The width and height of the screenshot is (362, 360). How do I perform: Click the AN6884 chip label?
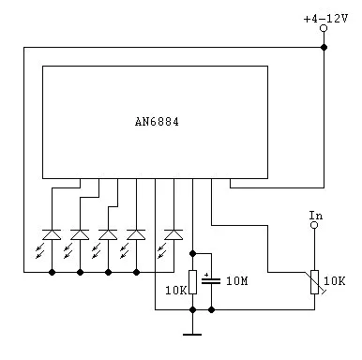tap(157, 122)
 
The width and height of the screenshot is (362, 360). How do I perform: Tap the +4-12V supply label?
tap(325, 19)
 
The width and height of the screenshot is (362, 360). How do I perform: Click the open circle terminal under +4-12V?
tap(324, 28)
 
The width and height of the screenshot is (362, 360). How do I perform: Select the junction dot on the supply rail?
tap(324, 48)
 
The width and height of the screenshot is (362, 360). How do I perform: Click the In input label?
tap(316, 216)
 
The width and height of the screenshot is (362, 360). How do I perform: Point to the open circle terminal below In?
tap(314, 225)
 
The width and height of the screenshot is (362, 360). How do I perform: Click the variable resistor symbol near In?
tap(315, 282)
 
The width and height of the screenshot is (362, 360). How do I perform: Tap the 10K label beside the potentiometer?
tap(334, 281)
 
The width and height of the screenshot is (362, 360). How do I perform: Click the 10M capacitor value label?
tap(237, 281)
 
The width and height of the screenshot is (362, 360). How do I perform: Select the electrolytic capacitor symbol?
tap(211, 280)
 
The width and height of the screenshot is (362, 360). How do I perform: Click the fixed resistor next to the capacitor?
tap(193, 282)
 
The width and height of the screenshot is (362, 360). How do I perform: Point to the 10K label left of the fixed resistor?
tap(175, 291)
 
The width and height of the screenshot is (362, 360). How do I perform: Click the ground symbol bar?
tap(192, 335)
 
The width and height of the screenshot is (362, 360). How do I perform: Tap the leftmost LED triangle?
tap(52, 234)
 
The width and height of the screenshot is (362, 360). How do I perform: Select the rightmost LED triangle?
tap(173, 234)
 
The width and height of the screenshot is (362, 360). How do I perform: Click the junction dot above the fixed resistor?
tap(193, 253)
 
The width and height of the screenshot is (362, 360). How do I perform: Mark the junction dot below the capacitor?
tap(212, 309)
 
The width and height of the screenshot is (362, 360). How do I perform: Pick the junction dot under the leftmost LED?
tap(52, 272)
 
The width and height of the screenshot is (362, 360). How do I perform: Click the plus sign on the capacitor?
tap(206, 275)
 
